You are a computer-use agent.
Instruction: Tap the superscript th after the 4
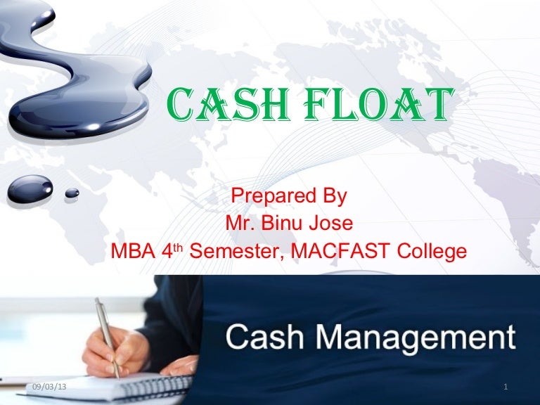pyautogui.click(x=180, y=247)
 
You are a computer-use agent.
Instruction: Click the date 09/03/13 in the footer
pyautogui.click(x=50, y=387)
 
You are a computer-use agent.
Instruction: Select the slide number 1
pyautogui.click(x=506, y=387)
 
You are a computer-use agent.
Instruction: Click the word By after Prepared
pyautogui.click(x=330, y=196)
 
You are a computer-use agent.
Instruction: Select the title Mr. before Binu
pyautogui.click(x=239, y=224)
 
